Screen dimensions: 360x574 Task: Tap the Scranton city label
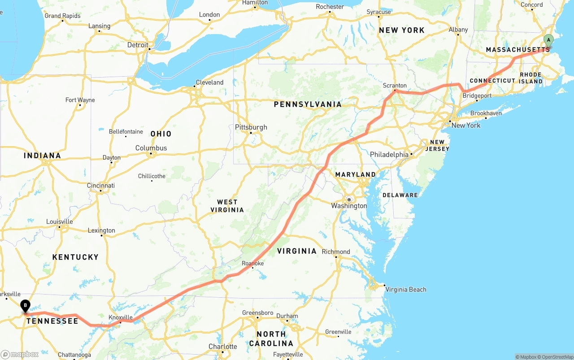tap(395, 86)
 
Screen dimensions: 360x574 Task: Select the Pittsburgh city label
tap(251, 127)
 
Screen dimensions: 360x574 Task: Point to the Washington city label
tap(349, 206)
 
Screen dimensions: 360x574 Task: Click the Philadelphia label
tap(389, 155)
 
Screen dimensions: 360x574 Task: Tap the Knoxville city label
tap(121, 317)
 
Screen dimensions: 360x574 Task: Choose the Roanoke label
tap(253, 264)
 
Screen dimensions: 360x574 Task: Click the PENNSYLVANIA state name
tap(308, 104)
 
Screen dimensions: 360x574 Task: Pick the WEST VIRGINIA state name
tap(227, 206)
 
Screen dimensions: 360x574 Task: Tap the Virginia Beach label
tap(406, 290)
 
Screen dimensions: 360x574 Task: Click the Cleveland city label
tap(209, 82)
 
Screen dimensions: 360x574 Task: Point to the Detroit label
tap(138, 45)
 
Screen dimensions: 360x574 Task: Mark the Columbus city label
tap(151, 148)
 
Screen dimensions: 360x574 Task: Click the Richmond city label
tap(336, 252)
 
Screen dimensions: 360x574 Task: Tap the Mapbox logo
tap(20, 354)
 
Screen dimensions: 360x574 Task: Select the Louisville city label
tap(59, 221)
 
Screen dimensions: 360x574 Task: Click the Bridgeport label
tap(477, 95)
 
